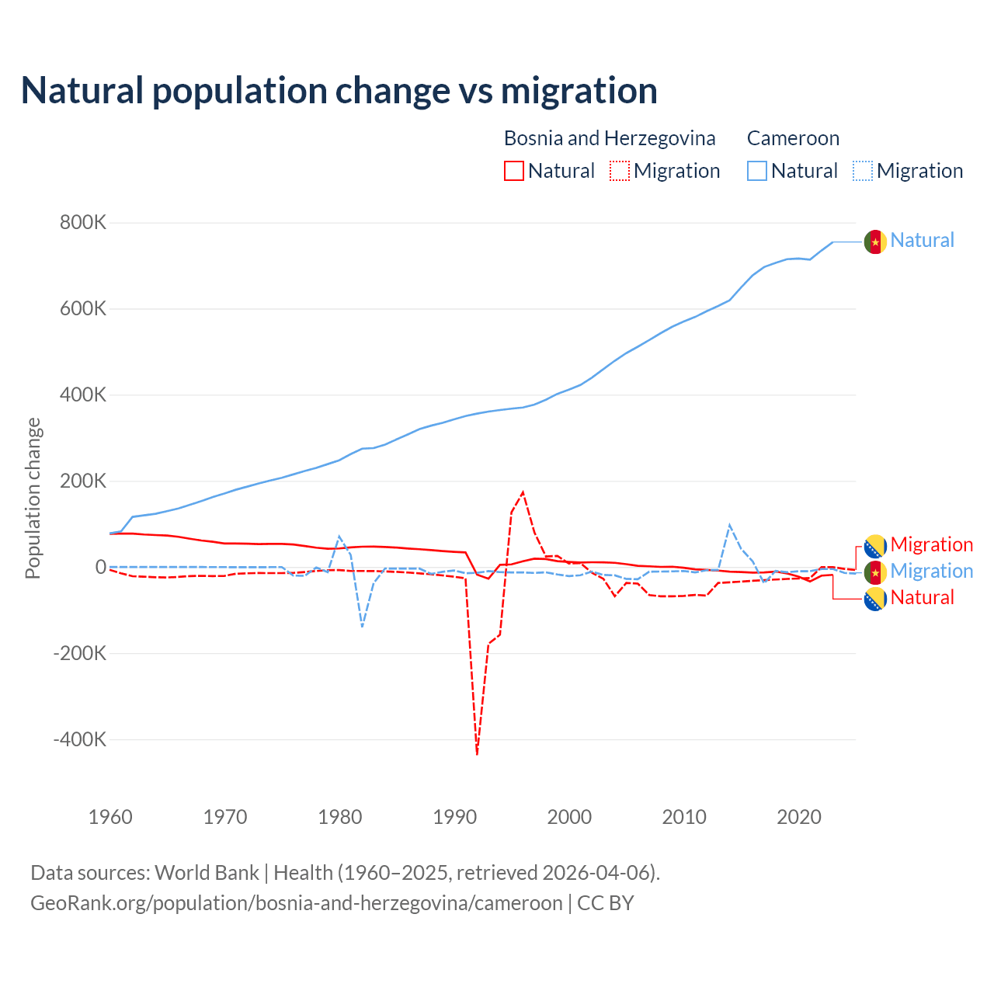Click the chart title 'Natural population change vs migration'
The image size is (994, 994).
[339, 90]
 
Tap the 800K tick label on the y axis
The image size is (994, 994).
[83, 223]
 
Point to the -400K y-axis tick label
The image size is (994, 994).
[80, 739]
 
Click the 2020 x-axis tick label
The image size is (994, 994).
[799, 817]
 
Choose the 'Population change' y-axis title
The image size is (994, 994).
[33, 498]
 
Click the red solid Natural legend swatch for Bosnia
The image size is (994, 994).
[514, 171]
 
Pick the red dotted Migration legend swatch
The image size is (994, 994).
[620, 171]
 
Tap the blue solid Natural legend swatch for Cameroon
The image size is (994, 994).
[757, 171]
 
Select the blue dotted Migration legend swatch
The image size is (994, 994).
[863, 171]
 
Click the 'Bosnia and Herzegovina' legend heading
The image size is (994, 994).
[610, 138]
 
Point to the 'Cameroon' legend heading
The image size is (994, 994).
[793, 138]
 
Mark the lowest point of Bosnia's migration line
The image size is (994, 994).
[477, 753]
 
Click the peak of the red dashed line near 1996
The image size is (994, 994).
[523, 492]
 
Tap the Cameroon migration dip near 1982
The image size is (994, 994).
[362, 626]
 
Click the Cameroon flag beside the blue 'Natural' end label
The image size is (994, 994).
[875, 242]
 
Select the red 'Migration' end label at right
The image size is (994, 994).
[931, 544]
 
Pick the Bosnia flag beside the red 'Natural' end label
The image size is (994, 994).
[875, 598]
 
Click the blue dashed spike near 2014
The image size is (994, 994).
[729, 526]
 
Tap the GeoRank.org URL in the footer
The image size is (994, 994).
[297, 903]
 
